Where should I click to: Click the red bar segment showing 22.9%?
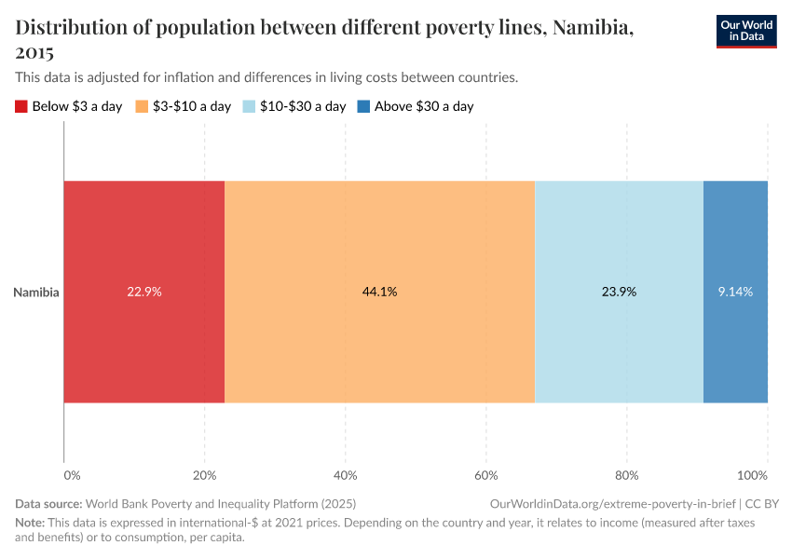coord(144,292)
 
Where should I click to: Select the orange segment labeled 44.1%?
coord(379,292)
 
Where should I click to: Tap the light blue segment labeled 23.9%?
coord(619,292)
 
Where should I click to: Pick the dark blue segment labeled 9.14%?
coord(735,292)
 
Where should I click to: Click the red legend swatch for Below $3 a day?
coord(21,106)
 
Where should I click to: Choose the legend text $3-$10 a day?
coord(191,106)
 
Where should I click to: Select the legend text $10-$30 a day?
coord(303,106)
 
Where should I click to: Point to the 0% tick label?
coord(72,475)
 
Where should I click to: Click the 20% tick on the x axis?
coord(204,475)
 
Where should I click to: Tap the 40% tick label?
coord(345,475)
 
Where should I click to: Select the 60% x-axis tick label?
coord(485,475)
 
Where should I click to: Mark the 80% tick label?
coord(626,475)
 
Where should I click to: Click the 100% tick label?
coord(765,475)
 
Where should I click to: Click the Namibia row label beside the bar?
coord(36,292)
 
